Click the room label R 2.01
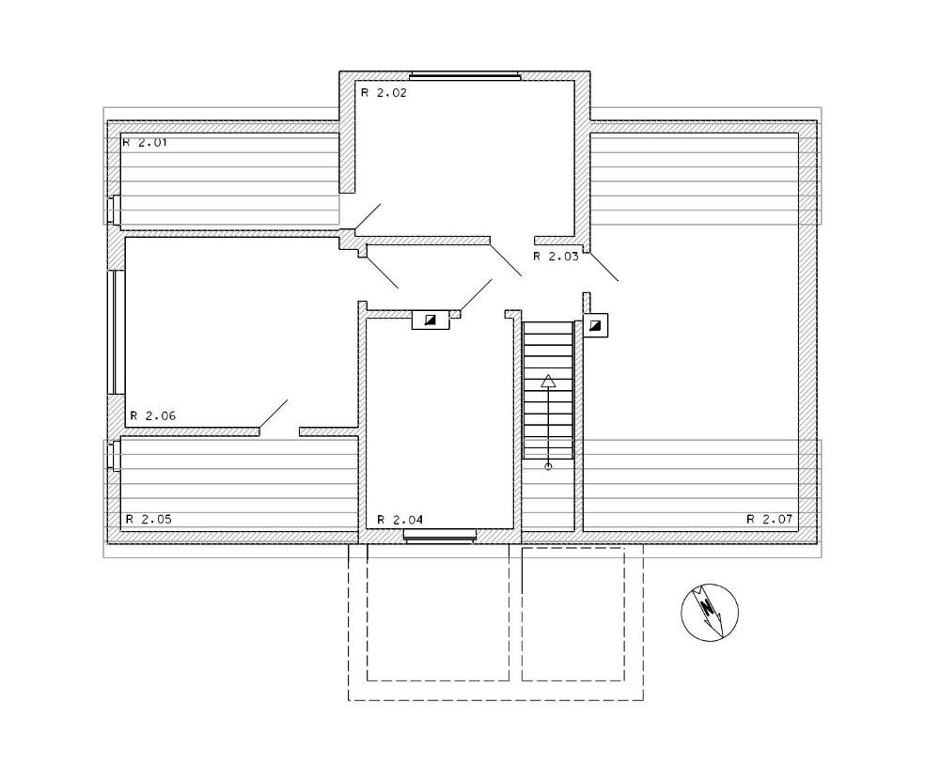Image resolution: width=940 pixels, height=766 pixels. (x=145, y=143)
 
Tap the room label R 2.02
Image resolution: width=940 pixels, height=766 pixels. (x=384, y=93)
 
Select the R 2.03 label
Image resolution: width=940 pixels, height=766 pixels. (x=556, y=257)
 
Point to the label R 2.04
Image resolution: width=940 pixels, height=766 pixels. (x=399, y=520)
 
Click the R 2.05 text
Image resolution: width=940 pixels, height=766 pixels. (x=149, y=519)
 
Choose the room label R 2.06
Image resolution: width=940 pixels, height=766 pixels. (x=153, y=416)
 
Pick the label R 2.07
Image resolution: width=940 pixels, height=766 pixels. (x=769, y=519)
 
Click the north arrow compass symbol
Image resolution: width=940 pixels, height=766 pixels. (x=710, y=611)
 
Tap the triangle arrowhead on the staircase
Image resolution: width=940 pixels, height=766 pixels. (x=548, y=380)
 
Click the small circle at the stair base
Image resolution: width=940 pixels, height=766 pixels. (x=548, y=466)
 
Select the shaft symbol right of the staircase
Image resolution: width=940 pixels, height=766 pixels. (x=595, y=325)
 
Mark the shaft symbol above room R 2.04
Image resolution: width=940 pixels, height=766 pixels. (x=431, y=320)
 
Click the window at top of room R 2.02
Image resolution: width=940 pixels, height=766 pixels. (x=465, y=75)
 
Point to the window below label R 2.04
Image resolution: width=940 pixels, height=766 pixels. (x=440, y=535)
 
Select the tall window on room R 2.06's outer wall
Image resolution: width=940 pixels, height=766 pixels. (x=116, y=332)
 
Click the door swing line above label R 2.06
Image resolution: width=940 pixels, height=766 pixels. (x=274, y=414)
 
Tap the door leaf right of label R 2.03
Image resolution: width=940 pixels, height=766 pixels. (x=603, y=266)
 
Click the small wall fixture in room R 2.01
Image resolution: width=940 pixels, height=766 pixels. (x=114, y=210)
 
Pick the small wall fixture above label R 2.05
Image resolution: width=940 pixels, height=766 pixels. (x=114, y=454)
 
